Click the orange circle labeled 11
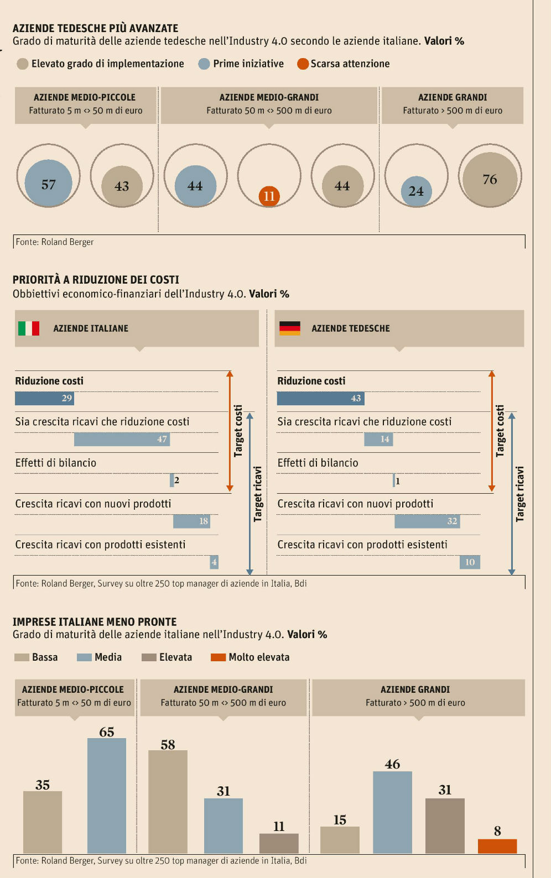point(269,196)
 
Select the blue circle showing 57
point(49,184)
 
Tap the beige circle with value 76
point(490,179)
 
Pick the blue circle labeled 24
point(416,191)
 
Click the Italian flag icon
point(29,328)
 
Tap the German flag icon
point(290,328)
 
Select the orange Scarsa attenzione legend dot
point(303,64)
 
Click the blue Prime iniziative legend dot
point(204,64)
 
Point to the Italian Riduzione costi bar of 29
point(44,398)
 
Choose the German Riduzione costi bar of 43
point(320,398)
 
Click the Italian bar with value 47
point(122,439)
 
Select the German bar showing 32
point(427,521)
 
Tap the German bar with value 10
point(470,562)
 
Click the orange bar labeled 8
point(497,846)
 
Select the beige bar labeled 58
point(168,801)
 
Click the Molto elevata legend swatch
point(219,657)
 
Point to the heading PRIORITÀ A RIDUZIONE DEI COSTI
point(96,280)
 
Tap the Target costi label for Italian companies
point(238,431)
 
